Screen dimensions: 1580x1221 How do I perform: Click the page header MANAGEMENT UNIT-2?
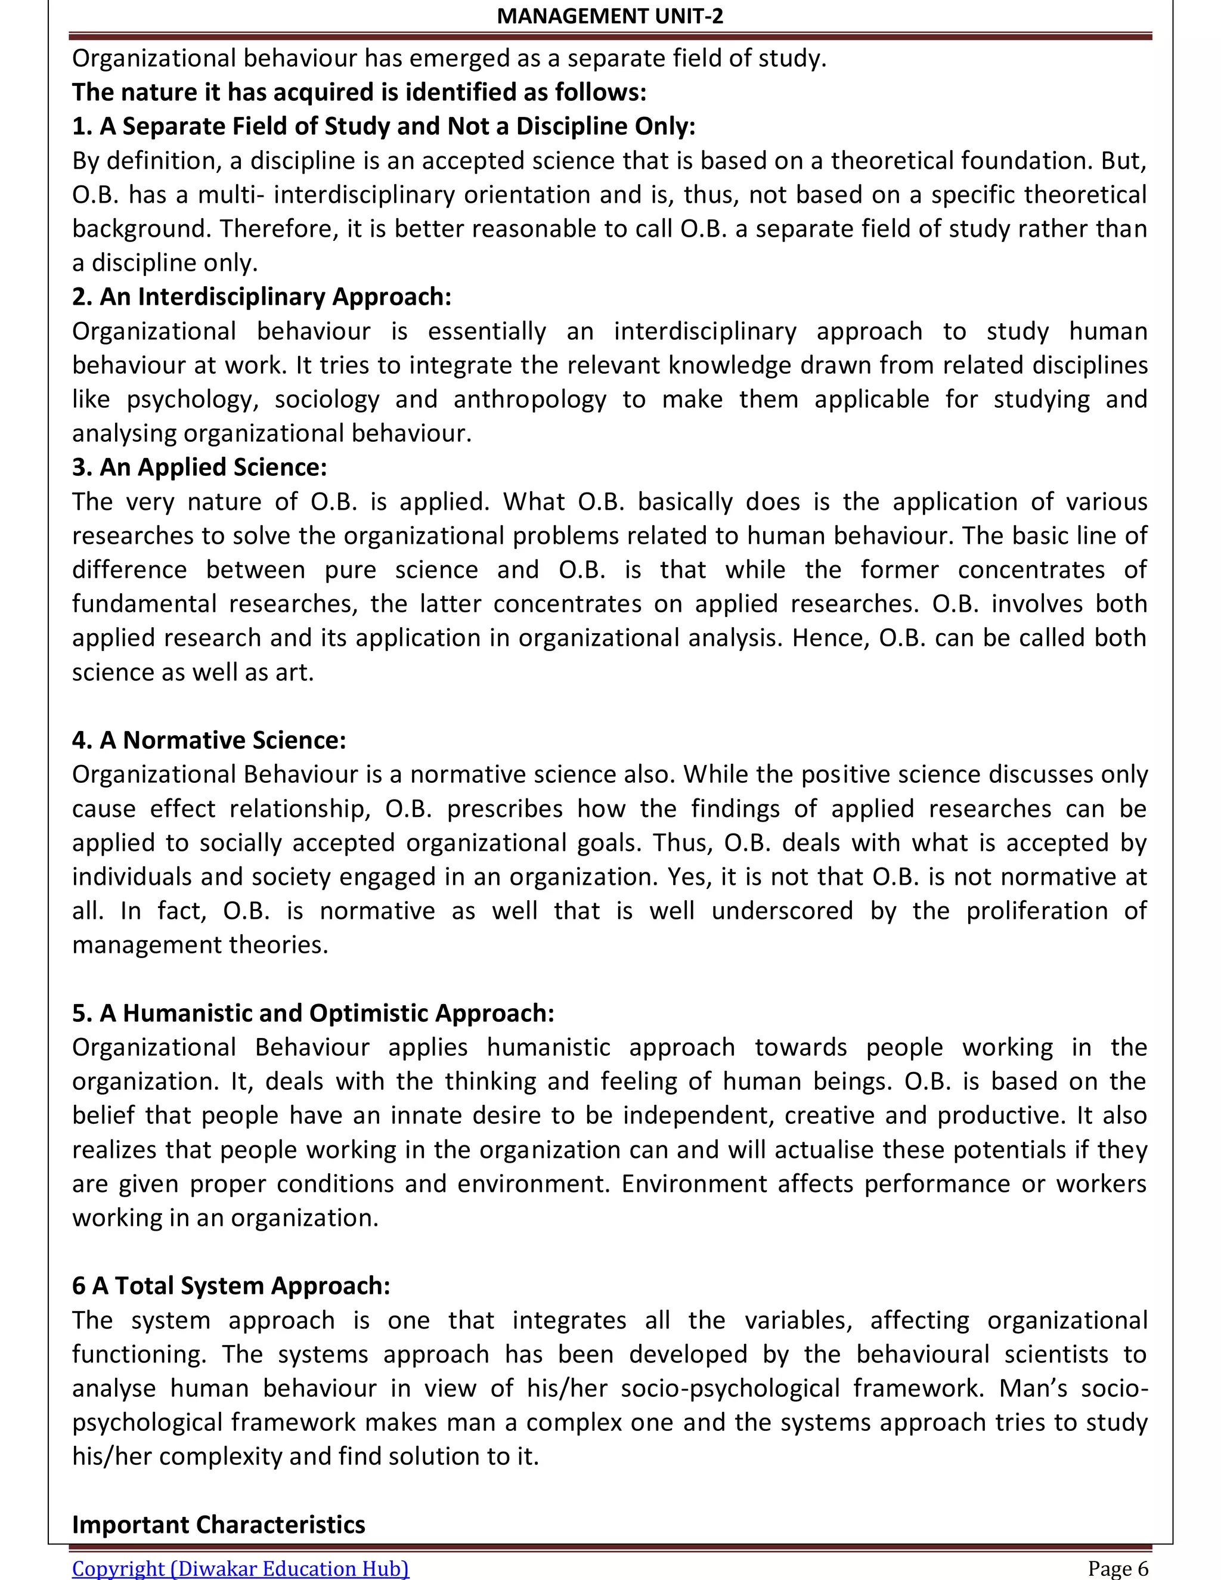pyautogui.click(x=610, y=16)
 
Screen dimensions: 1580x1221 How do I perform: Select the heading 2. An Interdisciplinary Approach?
pyautogui.click(x=261, y=296)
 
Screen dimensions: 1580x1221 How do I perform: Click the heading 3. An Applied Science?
pyautogui.click(x=199, y=467)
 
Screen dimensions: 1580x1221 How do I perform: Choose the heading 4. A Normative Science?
pyautogui.click(x=209, y=740)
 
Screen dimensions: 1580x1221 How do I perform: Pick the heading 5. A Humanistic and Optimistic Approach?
pyautogui.click(x=312, y=1013)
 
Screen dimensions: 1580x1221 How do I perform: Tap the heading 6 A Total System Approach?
pyautogui.click(x=231, y=1285)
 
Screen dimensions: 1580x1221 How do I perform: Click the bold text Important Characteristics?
pyautogui.click(x=218, y=1525)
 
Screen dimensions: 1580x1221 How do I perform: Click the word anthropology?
pyautogui.click(x=529, y=399)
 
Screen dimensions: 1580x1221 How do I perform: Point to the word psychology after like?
pyautogui.click(x=192, y=399)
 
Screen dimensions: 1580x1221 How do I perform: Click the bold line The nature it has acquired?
pyautogui.click(x=359, y=92)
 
